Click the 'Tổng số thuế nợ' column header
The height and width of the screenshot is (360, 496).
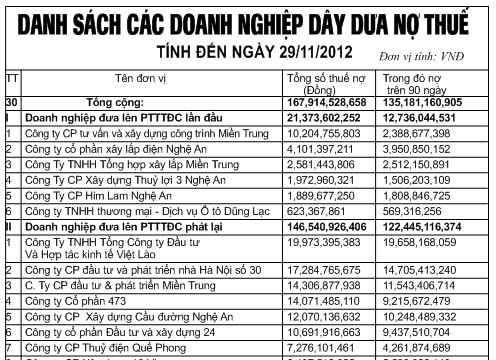324,83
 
